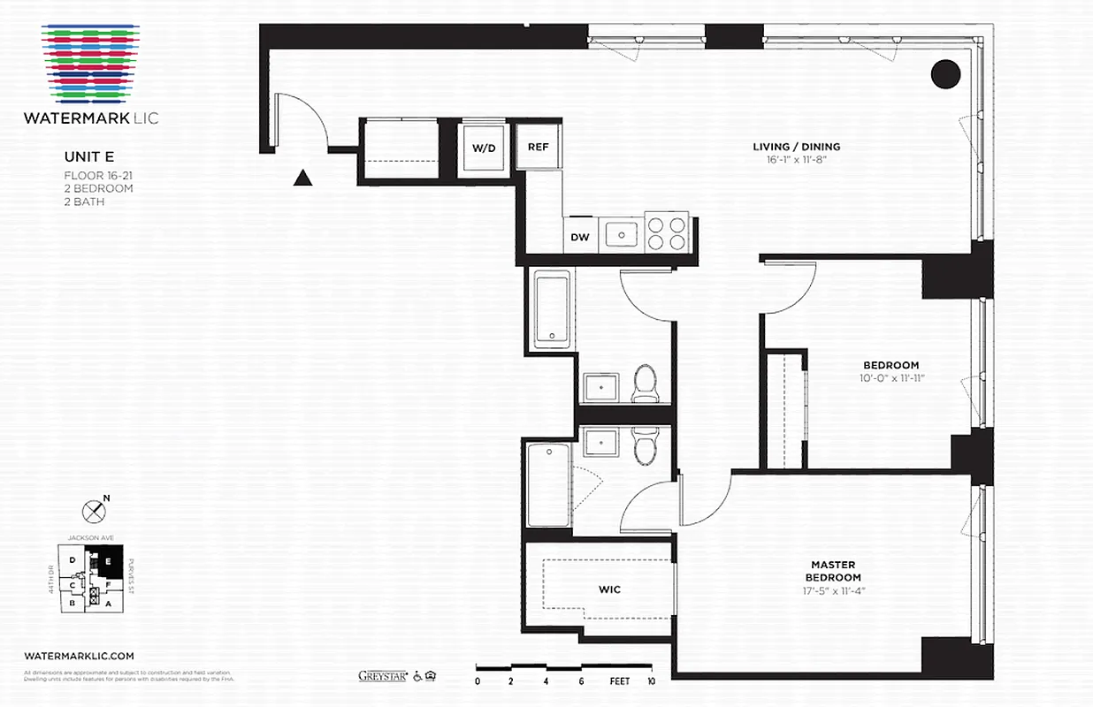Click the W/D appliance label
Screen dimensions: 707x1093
coord(483,148)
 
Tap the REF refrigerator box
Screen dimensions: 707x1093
coord(539,148)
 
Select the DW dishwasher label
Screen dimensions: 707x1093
coord(580,237)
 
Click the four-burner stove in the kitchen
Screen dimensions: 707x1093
coord(667,232)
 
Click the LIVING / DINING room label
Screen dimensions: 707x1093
coord(796,147)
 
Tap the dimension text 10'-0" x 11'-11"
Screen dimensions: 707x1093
coord(890,378)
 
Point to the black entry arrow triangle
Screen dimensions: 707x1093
coord(303,179)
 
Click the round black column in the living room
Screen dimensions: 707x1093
coord(945,74)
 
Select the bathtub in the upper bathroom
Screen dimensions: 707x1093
coord(552,309)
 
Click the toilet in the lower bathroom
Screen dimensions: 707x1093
coord(645,445)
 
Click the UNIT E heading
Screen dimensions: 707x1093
coord(88,156)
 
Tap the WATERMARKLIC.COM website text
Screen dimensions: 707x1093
coord(80,656)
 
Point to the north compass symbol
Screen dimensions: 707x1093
coord(92,511)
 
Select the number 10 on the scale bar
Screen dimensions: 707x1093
coord(651,681)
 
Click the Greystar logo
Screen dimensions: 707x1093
coord(382,676)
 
